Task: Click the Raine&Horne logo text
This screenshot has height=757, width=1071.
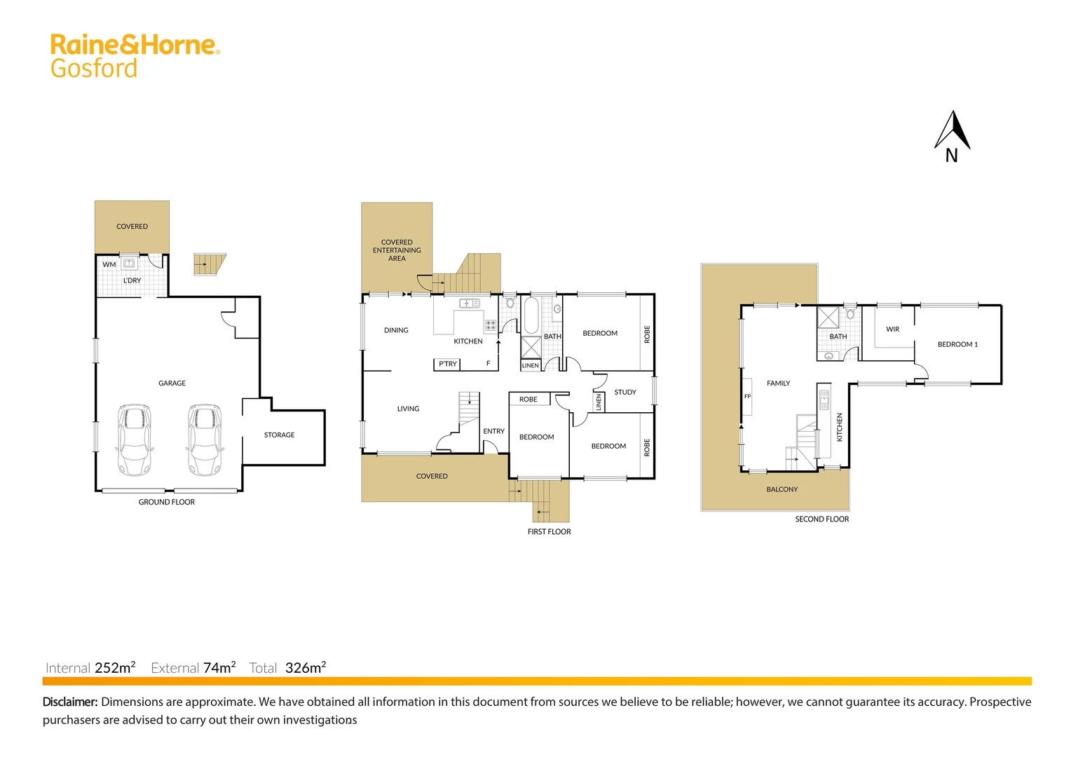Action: click(x=135, y=45)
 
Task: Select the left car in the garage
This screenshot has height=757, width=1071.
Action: click(x=135, y=439)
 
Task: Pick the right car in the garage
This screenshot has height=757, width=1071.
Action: click(x=205, y=439)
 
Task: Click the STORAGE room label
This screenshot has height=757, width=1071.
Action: click(x=279, y=435)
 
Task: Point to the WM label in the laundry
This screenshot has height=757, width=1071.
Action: click(x=109, y=265)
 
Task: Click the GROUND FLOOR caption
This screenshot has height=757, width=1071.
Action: click(x=167, y=503)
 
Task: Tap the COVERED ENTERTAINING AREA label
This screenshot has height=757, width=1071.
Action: click(x=397, y=250)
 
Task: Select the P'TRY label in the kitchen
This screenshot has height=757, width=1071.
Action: click(x=447, y=364)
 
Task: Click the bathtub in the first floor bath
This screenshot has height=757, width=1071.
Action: click(x=531, y=315)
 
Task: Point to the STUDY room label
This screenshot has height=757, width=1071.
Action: click(x=625, y=393)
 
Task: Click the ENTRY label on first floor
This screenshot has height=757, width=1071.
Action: click(x=493, y=432)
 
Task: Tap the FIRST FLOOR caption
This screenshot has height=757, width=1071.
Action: click(x=549, y=532)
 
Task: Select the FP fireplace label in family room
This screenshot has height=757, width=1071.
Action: click(x=747, y=397)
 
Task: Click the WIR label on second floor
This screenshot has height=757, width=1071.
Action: click(x=892, y=329)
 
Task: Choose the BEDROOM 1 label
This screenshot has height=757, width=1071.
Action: click(x=957, y=345)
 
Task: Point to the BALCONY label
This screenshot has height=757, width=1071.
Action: click(x=782, y=490)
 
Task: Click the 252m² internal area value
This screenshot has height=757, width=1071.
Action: click(x=115, y=668)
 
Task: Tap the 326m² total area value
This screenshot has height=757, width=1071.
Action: click(x=306, y=668)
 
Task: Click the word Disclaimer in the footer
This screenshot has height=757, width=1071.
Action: click(x=70, y=702)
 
